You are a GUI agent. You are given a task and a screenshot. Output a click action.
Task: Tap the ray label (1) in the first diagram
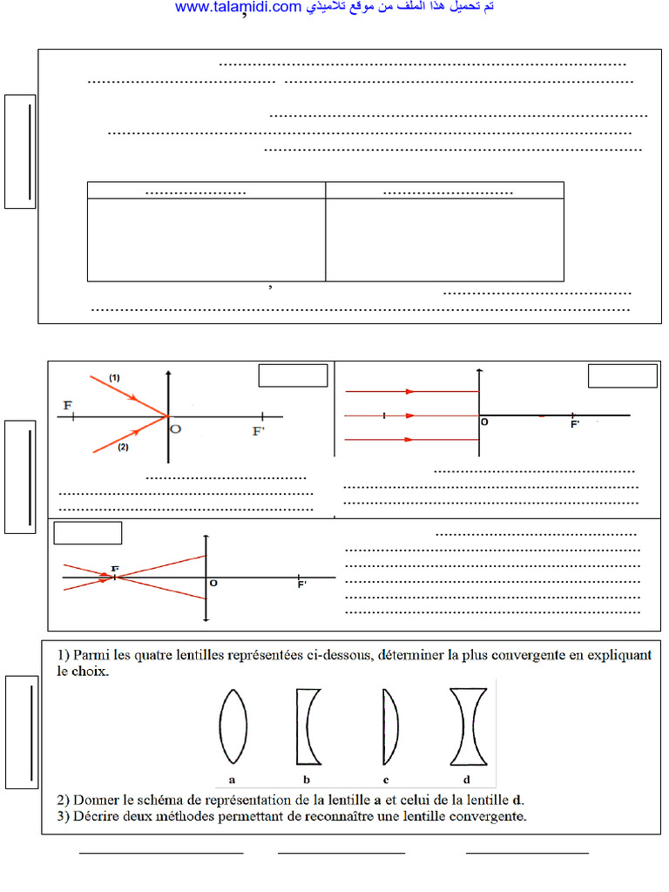[114, 377]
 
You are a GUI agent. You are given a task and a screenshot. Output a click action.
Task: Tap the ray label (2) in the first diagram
[123, 447]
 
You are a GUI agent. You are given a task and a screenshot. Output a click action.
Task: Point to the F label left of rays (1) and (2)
[68, 406]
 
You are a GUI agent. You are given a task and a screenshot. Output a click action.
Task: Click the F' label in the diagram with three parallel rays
[575, 424]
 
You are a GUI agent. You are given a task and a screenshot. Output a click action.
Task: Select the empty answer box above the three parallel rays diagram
[622, 375]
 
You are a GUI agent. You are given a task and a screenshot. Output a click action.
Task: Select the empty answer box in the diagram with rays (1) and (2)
[293, 375]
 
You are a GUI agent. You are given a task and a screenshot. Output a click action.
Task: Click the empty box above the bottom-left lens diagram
[87, 532]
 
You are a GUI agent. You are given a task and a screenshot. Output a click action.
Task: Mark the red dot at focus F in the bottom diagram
[105, 577]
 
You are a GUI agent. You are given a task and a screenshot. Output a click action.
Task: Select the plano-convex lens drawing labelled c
[390, 726]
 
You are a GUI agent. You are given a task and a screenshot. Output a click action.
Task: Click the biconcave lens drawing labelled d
[468, 726]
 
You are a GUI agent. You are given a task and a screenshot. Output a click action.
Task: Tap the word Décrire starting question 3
[98, 816]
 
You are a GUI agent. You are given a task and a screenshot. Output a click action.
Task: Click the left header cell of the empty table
[206, 191]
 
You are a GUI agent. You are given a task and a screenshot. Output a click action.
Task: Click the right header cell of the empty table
[445, 191]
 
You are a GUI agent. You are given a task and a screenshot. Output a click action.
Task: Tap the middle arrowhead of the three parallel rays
[410, 416]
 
